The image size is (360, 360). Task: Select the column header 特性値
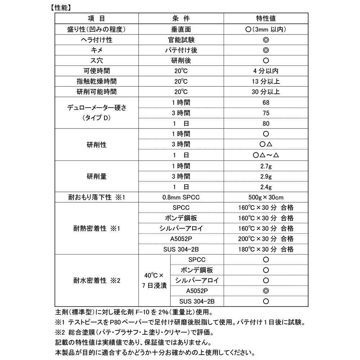[x=266, y=18]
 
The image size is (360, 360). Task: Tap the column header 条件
[x=181, y=18]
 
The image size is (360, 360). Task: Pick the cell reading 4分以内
[x=266, y=71]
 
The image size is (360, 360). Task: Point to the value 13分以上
[x=266, y=81]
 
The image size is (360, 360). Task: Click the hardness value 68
[x=266, y=103]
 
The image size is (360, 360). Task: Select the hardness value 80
[x=266, y=123]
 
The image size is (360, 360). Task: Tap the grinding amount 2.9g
[x=266, y=176]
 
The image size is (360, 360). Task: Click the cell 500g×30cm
[x=266, y=197]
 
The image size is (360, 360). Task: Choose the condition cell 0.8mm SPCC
[x=181, y=197]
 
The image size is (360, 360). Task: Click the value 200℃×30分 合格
[x=266, y=239]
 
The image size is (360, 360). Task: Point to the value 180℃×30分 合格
[x=266, y=249]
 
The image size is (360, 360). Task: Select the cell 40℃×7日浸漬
[x=154, y=280]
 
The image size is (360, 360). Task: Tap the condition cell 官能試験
[x=181, y=40]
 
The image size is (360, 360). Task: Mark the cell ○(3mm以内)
[x=266, y=29]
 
